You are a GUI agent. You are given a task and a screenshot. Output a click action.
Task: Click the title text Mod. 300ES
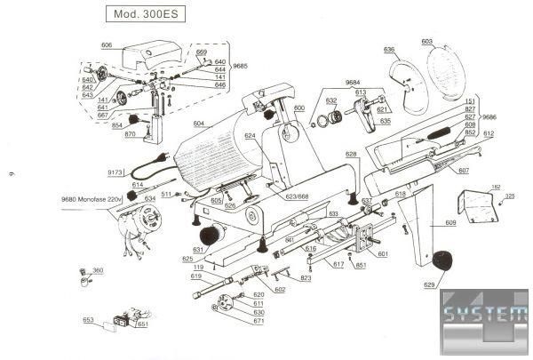145,15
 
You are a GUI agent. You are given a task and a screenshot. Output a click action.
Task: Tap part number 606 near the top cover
107,44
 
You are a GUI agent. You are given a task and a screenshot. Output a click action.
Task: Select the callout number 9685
241,67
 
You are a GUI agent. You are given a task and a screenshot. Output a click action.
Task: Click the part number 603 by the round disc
426,41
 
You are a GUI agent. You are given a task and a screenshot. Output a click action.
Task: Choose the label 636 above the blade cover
389,50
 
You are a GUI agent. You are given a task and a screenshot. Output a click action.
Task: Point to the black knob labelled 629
443,260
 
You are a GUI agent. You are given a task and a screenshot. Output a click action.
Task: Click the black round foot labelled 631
209,236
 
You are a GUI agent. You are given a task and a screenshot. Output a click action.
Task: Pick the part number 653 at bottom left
89,319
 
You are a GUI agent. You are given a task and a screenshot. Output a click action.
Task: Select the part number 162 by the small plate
496,187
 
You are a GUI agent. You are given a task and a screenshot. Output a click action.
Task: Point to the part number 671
259,321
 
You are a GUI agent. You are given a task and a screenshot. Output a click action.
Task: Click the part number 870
130,134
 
